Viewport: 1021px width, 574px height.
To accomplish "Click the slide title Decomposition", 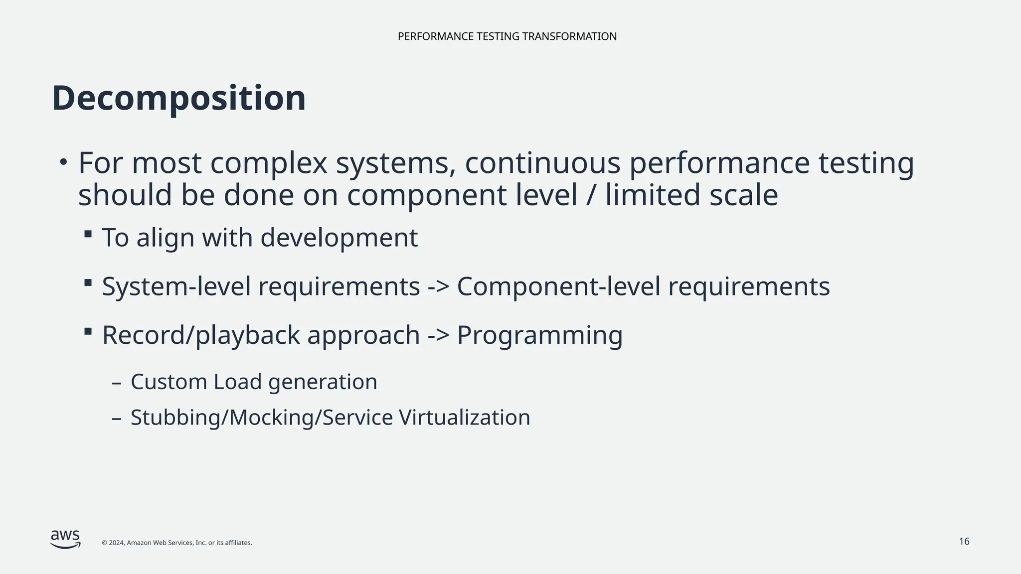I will pos(178,98).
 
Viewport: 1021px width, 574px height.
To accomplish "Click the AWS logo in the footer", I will pos(65,539).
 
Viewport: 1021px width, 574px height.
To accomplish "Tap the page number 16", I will pos(964,542).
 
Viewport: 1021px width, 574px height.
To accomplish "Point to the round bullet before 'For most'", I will pos(63,162).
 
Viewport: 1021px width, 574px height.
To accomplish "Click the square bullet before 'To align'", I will pos(88,234).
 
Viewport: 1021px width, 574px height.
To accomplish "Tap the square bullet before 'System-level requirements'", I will pos(88,283).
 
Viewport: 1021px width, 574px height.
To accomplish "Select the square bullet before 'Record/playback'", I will pos(88,331).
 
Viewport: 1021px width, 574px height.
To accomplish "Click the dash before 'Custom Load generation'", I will pos(117,383).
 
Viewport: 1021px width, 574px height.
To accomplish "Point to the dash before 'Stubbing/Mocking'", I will pos(117,419).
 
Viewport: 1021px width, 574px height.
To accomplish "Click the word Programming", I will pos(539,335).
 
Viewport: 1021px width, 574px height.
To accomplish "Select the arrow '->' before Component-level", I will pos(438,287).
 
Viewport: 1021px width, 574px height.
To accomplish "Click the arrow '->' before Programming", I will pos(438,335).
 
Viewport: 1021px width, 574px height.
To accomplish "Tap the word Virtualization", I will pos(464,418).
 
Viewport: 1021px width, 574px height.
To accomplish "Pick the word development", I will pos(339,238).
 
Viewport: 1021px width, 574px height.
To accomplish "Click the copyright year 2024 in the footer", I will pos(117,543).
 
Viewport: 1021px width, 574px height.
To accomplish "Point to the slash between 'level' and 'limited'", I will pos(591,195).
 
